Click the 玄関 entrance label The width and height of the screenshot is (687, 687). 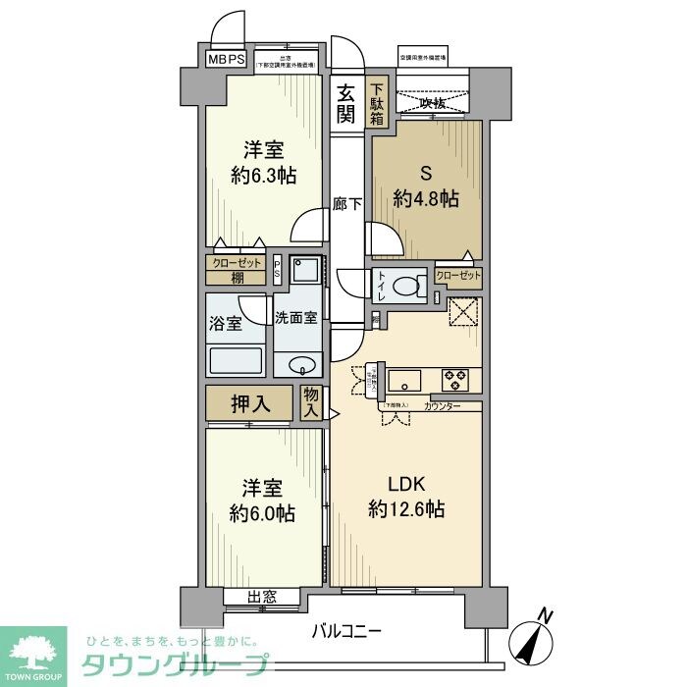click(x=346, y=103)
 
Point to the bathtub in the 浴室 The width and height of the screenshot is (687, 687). click(x=236, y=360)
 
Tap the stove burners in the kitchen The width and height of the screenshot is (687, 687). click(x=454, y=377)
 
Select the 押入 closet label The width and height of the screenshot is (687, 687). click(x=249, y=402)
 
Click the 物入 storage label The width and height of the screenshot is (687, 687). click(x=312, y=402)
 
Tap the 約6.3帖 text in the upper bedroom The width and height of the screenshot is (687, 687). click(x=264, y=177)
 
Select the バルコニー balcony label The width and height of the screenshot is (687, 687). click(x=347, y=630)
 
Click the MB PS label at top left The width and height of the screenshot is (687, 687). click(x=227, y=59)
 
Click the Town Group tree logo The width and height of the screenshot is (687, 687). click(x=33, y=652)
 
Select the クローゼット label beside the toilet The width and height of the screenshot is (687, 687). click(x=458, y=277)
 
